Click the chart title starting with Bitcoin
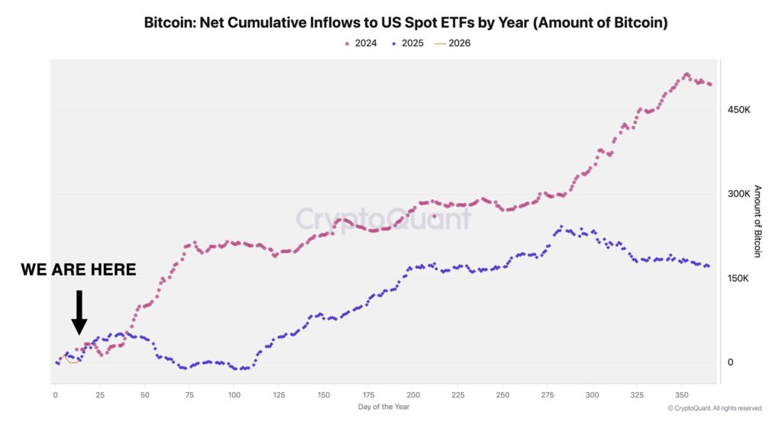(x=406, y=23)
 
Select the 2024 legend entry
(x=361, y=43)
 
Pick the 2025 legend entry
(x=408, y=43)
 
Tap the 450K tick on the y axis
(x=739, y=110)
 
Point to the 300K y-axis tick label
(x=739, y=194)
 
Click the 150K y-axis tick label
(x=739, y=279)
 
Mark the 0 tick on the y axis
(x=730, y=362)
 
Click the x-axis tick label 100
(x=234, y=394)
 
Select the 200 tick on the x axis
(x=413, y=394)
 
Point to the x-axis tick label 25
(x=99, y=394)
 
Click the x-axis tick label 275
(x=548, y=394)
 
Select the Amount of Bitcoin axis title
(x=758, y=221)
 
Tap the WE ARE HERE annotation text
(x=78, y=269)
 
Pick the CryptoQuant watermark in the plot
(x=383, y=220)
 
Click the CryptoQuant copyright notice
(x=714, y=408)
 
